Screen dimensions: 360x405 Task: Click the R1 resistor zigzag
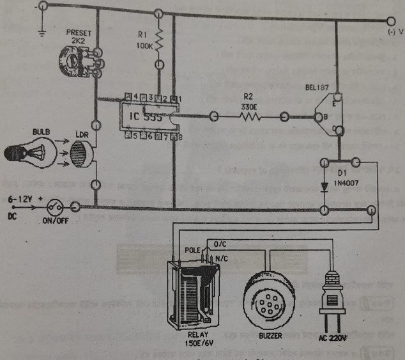[x=158, y=43]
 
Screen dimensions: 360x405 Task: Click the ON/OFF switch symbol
[x=56, y=207]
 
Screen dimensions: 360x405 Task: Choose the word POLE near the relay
[x=192, y=250]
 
